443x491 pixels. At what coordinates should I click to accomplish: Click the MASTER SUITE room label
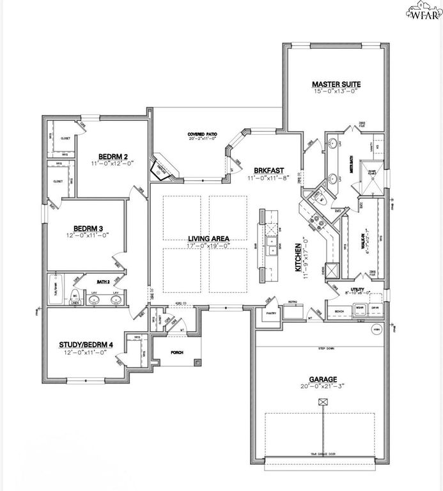click(336, 84)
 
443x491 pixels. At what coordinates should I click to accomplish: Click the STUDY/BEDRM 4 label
click(86, 345)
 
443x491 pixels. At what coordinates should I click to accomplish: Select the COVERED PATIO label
click(202, 134)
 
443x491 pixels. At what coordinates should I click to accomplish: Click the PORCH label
click(176, 352)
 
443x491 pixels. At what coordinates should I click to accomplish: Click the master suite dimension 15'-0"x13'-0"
click(336, 91)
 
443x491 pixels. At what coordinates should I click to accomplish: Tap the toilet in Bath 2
click(74, 296)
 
